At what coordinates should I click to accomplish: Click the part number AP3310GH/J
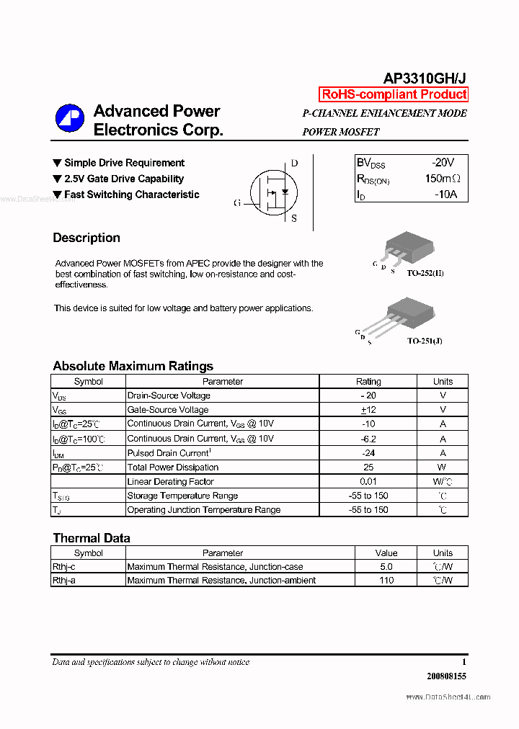coord(425,79)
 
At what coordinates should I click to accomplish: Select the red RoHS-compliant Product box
coord(394,94)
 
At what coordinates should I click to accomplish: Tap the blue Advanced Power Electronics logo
coord(70,120)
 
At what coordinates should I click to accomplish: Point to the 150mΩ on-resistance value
coord(442,179)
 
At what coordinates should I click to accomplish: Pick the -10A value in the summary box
coord(445,194)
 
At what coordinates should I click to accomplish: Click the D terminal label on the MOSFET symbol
coord(294,164)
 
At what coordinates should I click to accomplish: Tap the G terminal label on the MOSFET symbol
coord(236,203)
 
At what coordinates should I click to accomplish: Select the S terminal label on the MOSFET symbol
coord(294,219)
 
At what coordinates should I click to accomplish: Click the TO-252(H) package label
coord(425,274)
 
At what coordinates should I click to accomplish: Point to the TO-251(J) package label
coord(425,341)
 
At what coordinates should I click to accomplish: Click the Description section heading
coord(86,238)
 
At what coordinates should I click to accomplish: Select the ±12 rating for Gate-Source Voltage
coord(368,410)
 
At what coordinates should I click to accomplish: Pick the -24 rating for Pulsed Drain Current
coord(368,453)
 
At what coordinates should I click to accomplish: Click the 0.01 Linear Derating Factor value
coord(368,481)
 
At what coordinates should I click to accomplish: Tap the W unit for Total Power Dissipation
coord(443,468)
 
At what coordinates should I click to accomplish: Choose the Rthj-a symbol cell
coord(63,581)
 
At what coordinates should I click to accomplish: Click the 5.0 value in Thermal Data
coord(386,567)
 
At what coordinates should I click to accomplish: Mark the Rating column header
coord(368,382)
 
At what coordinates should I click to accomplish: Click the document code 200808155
coord(446,676)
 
